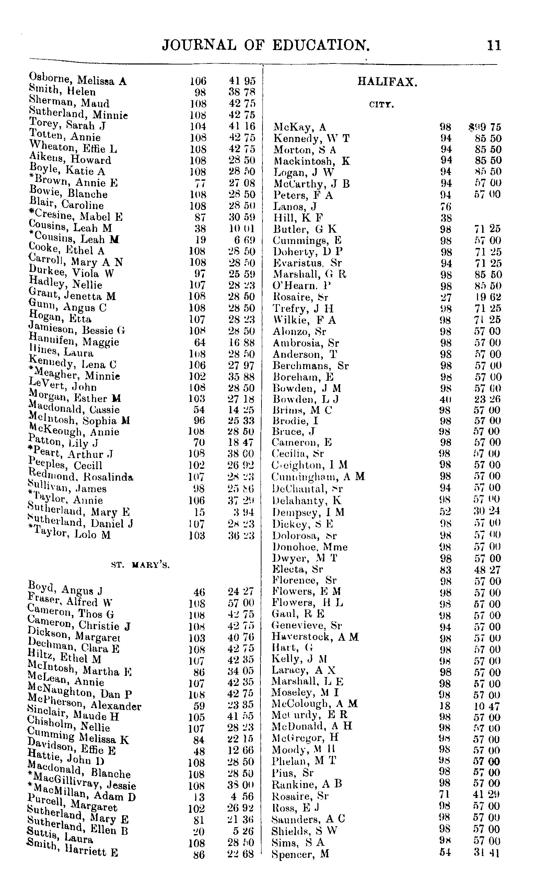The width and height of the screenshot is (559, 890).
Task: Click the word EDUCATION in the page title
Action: [321, 45]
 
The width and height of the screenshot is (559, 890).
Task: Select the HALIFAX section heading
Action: [387, 82]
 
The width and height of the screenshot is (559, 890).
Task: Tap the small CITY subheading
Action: [382, 105]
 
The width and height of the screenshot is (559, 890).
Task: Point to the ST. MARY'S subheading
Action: [140, 565]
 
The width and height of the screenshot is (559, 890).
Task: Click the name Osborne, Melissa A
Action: [78, 80]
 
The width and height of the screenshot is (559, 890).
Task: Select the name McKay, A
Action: [300, 128]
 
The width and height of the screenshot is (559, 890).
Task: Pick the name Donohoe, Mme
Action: [310, 547]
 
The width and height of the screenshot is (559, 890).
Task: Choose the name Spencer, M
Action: [300, 854]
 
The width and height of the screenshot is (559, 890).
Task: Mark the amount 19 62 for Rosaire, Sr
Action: [488, 297]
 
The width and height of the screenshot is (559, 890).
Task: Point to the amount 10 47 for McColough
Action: [487, 707]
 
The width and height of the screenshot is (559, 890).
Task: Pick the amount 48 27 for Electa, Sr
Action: [488, 570]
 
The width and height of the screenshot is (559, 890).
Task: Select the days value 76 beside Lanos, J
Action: [445, 206]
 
